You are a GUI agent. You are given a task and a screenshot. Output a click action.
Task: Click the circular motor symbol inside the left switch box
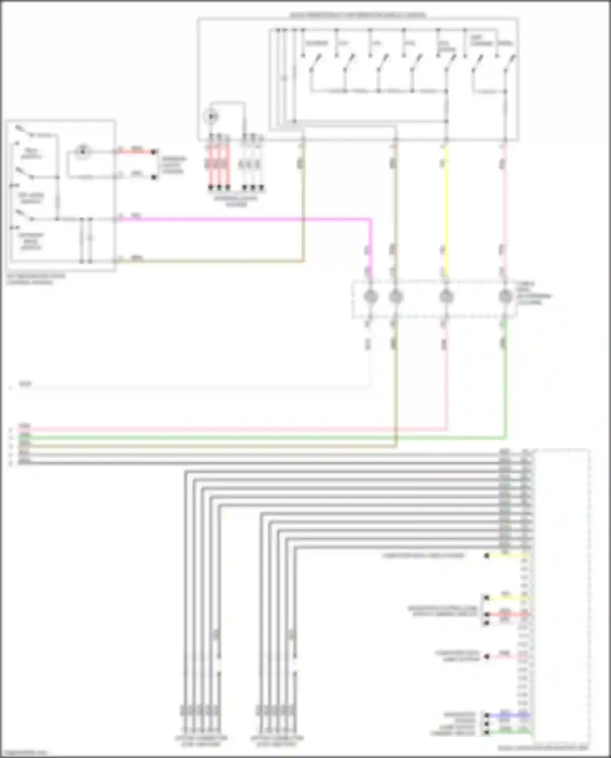click(83, 151)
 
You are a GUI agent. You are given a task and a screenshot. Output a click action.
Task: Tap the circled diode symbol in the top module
click(212, 116)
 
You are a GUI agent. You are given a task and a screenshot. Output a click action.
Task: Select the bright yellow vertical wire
click(446, 212)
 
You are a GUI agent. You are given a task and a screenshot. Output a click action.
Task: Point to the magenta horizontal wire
click(244, 219)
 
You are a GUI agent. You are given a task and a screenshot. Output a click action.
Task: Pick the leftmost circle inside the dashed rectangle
click(371, 297)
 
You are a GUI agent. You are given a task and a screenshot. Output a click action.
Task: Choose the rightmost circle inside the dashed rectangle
click(505, 297)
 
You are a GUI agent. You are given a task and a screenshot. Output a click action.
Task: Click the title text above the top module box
click(358, 15)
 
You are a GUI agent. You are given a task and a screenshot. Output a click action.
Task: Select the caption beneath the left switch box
click(36, 279)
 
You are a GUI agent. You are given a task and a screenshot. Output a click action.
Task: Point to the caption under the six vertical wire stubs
click(236, 201)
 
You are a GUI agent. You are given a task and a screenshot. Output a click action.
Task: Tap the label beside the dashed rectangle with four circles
click(534, 293)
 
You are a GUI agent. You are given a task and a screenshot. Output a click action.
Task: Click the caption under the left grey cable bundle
click(201, 741)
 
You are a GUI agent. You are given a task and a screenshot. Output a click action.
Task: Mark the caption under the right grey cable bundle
click(277, 741)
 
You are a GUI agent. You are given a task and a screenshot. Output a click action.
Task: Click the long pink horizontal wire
click(236, 429)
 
